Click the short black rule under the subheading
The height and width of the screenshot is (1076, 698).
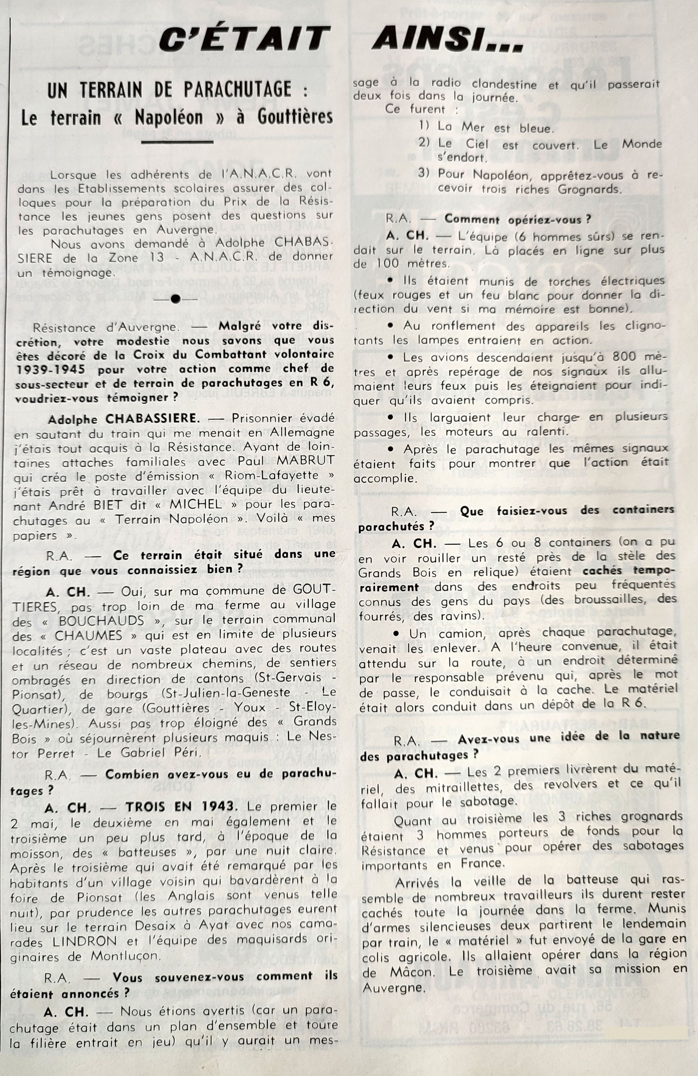point(177,142)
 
